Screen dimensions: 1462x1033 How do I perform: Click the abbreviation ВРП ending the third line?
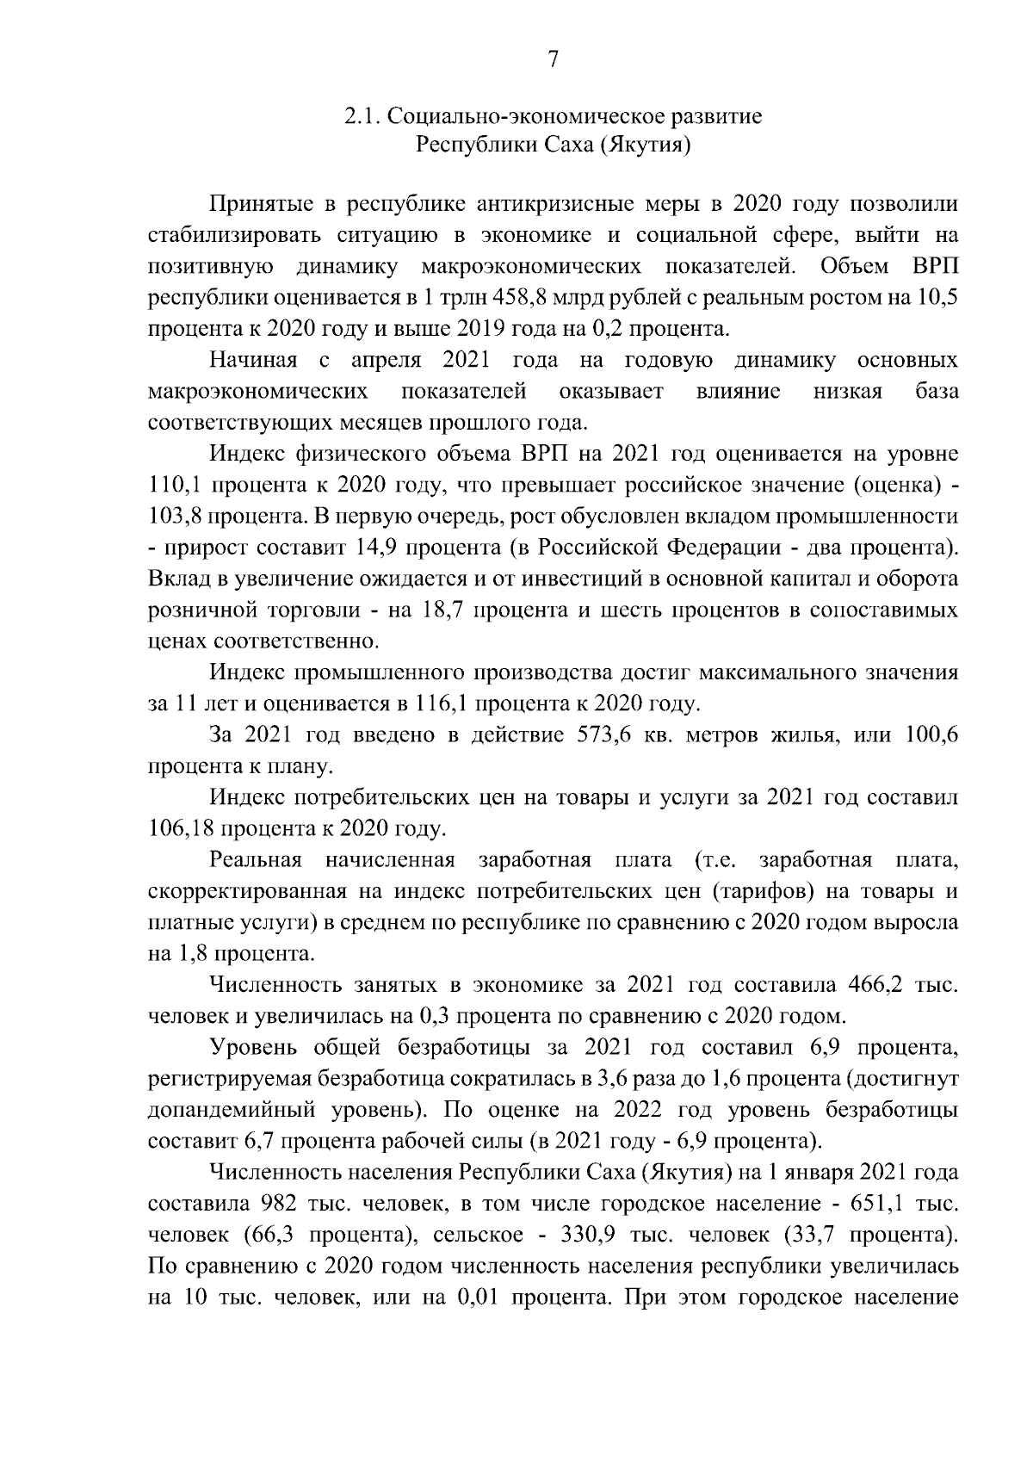[x=933, y=266]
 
